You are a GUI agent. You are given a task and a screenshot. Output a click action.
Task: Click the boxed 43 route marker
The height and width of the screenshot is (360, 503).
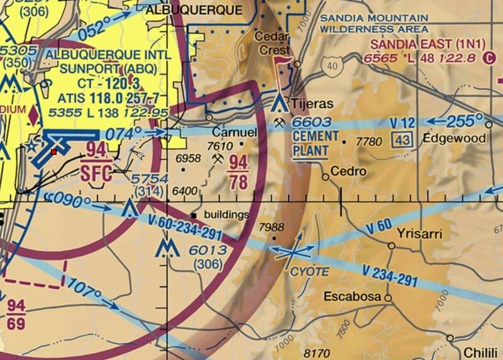pyautogui.click(x=402, y=139)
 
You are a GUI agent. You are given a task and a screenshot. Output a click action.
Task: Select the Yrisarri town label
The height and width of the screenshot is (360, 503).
pyautogui.click(x=419, y=234)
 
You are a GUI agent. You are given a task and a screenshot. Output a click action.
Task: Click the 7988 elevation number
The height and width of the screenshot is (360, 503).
pyautogui.click(x=271, y=227)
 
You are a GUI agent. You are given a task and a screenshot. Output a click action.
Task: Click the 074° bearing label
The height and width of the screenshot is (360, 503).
pyautogui.click(x=124, y=133)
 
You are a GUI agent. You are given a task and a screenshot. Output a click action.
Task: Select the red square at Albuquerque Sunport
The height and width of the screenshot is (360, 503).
pyautogui.click(x=54, y=152)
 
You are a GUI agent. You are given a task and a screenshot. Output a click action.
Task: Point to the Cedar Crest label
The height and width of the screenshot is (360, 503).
pyautogui.click(x=272, y=43)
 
